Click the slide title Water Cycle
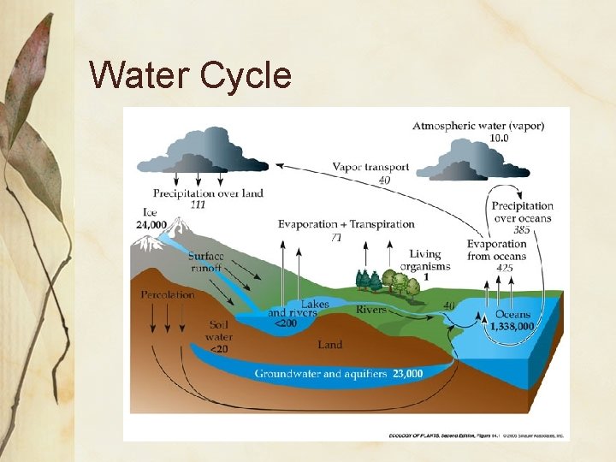[x=190, y=75]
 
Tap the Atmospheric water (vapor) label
[x=478, y=126]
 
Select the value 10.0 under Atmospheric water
[x=499, y=138]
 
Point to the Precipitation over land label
[x=208, y=193]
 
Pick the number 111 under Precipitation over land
[x=198, y=205]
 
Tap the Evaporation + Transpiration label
[x=346, y=224]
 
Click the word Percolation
[x=168, y=294]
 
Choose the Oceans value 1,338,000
[x=512, y=326]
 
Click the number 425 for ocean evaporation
[x=505, y=268]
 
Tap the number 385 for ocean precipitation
[x=520, y=230]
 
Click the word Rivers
[x=371, y=309]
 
